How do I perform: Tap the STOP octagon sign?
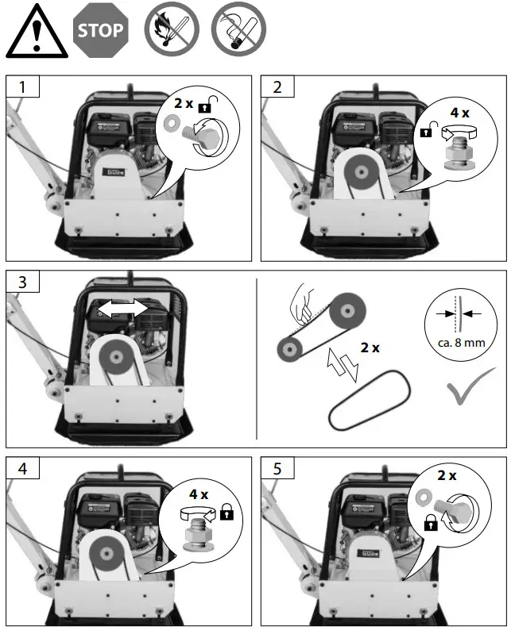101,31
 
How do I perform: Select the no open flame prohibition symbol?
169,31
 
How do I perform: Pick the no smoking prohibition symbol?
238,31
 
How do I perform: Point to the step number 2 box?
277,87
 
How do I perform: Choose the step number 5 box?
277,468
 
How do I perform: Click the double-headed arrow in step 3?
122,307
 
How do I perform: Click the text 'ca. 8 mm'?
455,343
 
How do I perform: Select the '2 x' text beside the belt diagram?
370,347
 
